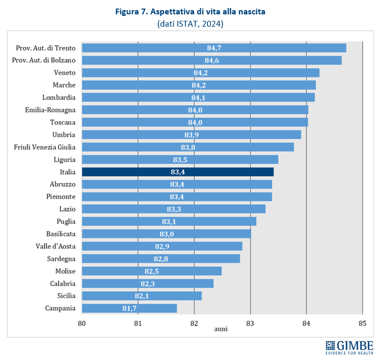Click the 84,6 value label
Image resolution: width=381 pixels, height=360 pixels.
212,60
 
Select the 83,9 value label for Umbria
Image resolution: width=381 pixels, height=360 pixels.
192,135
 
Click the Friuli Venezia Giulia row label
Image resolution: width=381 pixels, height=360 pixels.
45,147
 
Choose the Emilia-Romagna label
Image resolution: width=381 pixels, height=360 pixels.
50,110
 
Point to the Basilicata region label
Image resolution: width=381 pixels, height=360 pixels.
61,234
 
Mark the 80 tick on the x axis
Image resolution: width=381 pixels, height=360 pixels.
82,323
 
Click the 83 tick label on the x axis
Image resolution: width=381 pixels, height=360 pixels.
250,323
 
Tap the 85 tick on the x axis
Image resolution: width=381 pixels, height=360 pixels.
362,323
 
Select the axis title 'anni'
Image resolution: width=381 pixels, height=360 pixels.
221,329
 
